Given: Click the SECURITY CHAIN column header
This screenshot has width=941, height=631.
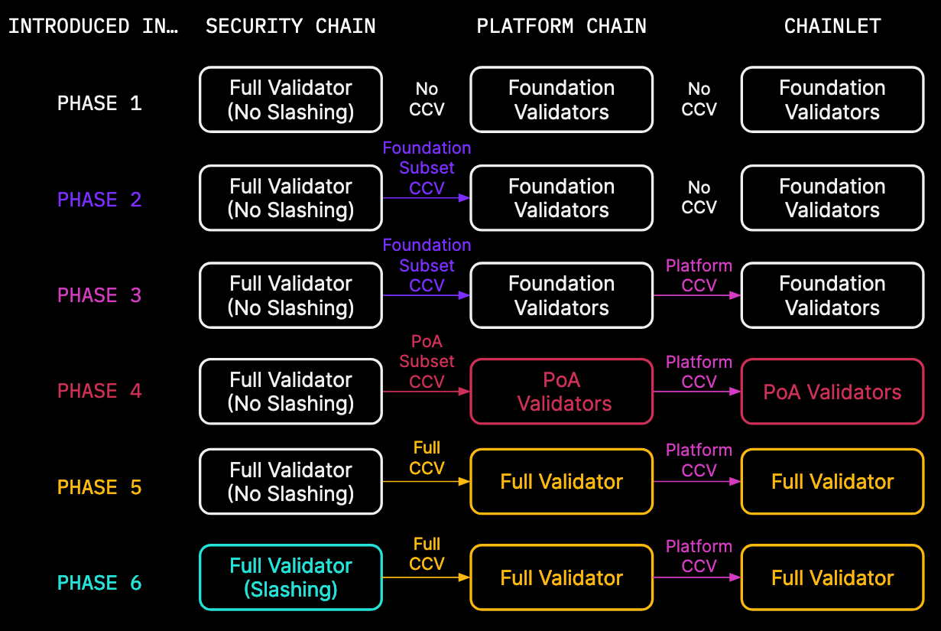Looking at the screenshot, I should pos(290,26).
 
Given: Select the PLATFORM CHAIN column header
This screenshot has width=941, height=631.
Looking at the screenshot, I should pos(561,26).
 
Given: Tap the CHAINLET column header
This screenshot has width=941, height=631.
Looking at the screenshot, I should pos(832,26).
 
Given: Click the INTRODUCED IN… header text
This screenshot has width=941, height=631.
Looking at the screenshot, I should pos(92,26).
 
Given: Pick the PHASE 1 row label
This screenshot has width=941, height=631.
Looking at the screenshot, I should pos(99,103).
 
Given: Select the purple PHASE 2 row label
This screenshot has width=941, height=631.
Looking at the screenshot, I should pos(99,200).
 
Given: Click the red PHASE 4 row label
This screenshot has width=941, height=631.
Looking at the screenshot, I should pos(99,391).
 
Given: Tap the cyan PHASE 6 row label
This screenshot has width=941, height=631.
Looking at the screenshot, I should pos(99,583).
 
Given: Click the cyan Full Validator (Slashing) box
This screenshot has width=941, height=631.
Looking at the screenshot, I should pos(290,577).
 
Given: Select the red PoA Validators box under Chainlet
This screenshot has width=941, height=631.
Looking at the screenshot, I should pos(832,392).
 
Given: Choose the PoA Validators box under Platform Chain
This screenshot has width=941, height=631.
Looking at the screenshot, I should pos(561,392).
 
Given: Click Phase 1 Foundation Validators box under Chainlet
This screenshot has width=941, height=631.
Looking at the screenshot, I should pos(832,99).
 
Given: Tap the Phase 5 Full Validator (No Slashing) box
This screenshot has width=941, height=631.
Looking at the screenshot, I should pos(290,481).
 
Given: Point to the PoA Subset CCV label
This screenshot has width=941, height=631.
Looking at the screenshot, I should pos(427,361).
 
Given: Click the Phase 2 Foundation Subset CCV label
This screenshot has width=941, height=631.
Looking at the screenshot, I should pos(427,168).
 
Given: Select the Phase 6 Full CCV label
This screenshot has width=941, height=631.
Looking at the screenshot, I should pos(427,554).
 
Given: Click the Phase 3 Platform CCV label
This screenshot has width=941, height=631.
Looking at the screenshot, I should pos(699,275).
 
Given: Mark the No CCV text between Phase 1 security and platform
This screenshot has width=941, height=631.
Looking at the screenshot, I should pos(427,99).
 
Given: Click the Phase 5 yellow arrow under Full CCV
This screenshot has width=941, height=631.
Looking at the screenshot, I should pos(426,481).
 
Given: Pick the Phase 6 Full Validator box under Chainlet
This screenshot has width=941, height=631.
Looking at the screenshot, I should pos(832,577).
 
